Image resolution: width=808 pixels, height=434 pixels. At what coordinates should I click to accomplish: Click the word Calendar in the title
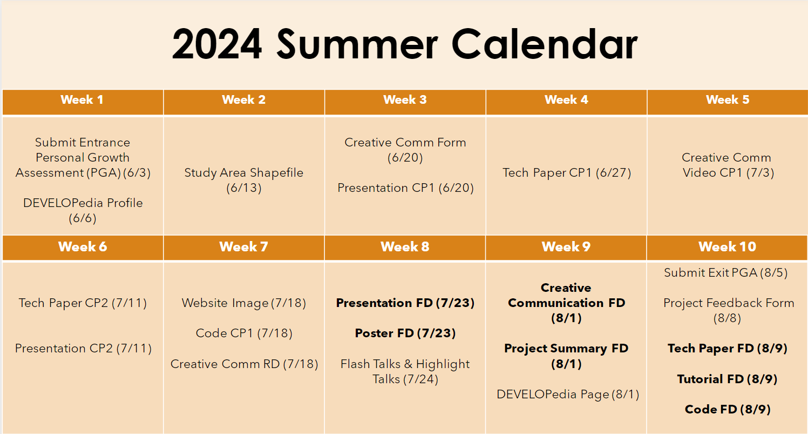[x=545, y=44]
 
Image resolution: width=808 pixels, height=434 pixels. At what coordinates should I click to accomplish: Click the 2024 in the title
[x=217, y=44]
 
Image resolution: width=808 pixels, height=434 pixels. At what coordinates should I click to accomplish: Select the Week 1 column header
[x=82, y=99]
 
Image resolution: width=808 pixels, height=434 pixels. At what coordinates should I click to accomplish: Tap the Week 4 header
[x=566, y=99]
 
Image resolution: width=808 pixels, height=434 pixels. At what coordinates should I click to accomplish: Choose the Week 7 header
[x=244, y=246]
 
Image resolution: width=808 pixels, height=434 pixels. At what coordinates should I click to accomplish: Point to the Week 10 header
[x=727, y=246]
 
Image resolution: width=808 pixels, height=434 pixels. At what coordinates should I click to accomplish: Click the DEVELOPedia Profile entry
[x=83, y=210]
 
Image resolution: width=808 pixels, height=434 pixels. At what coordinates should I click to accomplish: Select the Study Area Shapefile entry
[x=244, y=180]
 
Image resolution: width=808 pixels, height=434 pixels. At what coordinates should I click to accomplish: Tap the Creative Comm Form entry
[x=405, y=150]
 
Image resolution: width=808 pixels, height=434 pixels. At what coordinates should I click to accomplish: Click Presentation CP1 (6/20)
[x=405, y=188]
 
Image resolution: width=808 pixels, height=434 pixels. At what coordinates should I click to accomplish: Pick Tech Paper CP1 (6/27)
[x=567, y=172]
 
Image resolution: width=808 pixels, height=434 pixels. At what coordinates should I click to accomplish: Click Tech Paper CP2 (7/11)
[x=83, y=303]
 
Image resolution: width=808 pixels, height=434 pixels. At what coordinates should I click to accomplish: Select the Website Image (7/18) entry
[x=244, y=303]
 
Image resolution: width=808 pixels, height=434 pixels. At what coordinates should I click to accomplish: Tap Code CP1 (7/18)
[x=244, y=333]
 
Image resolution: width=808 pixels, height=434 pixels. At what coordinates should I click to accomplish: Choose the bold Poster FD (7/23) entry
[x=405, y=333]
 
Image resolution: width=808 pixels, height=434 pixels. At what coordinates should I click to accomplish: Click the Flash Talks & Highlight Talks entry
[x=405, y=371]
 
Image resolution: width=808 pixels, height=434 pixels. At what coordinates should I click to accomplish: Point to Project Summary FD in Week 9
[x=566, y=356]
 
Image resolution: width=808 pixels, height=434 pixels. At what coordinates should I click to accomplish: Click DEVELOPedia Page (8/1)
[x=568, y=394]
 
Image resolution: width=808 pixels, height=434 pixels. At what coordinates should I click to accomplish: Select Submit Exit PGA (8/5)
[x=726, y=272]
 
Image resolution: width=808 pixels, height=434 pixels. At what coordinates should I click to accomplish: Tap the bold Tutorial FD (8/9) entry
[x=727, y=379]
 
